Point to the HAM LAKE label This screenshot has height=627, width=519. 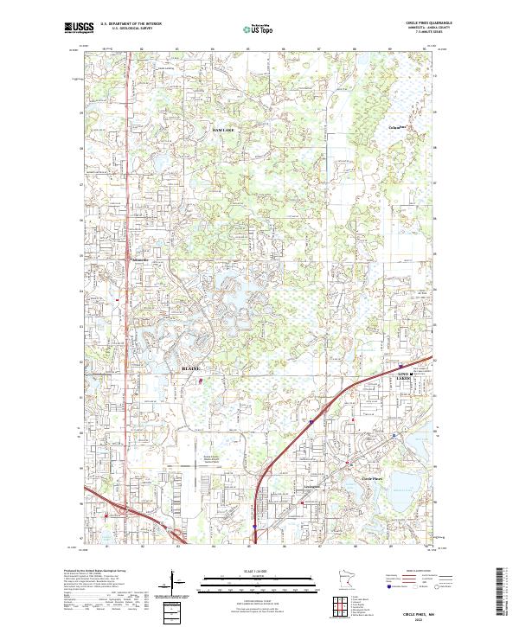(223, 129)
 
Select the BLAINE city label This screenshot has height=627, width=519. (190, 368)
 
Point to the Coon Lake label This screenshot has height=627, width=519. (395, 129)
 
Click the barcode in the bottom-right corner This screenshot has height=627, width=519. (503, 593)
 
